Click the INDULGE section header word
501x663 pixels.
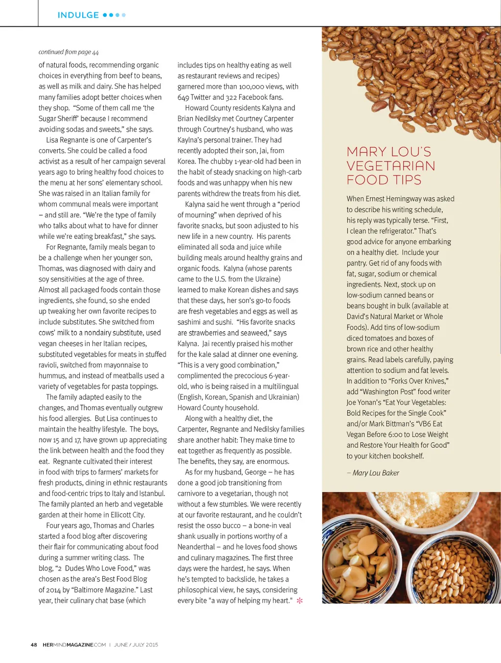[x=78, y=15]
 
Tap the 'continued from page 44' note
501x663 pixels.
[x=68, y=52]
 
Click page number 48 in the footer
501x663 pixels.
[x=34, y=645]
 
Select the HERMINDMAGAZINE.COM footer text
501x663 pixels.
[x=74, y=645]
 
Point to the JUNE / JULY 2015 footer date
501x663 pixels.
[x=136, y=645]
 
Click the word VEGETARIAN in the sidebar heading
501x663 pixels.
[x=391, y=166]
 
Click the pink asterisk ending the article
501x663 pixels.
[x=299, y=600]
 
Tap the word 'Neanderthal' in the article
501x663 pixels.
[x=196, y=547]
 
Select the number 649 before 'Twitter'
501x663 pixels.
[x=183, y=97]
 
